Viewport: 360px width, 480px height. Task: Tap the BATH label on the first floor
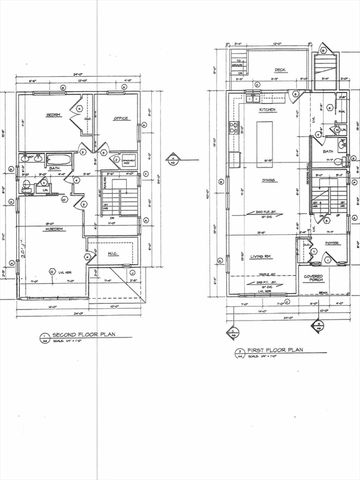328,153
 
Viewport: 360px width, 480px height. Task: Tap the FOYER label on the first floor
330,242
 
